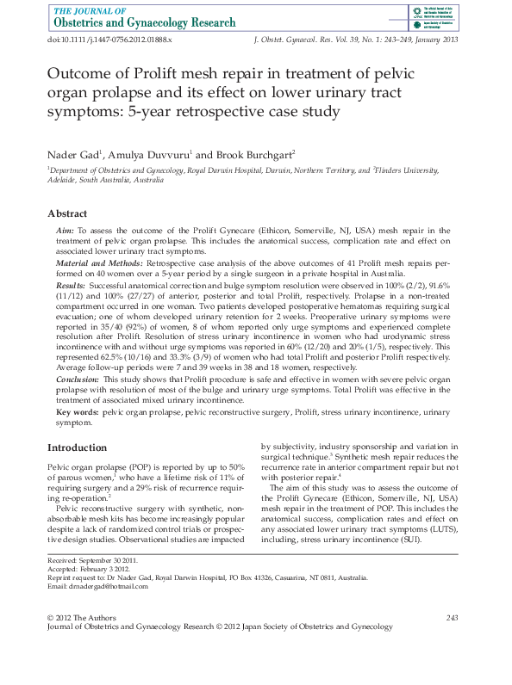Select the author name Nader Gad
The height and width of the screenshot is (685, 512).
click(x=72, y=154)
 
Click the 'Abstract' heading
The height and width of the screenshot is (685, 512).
click(x=67, y=213)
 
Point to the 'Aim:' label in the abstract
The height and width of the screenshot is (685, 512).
click(x=65, y=231)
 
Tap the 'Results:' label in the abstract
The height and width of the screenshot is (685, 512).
click(x=71, y=283)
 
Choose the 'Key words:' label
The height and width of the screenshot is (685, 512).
click(x=77, y=413)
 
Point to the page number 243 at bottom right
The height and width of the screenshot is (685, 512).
click(x=452, y=618)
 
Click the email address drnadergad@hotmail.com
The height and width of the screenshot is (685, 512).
click(x=97, y=586)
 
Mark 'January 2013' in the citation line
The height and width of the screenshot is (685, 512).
click(x=436, y=40)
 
